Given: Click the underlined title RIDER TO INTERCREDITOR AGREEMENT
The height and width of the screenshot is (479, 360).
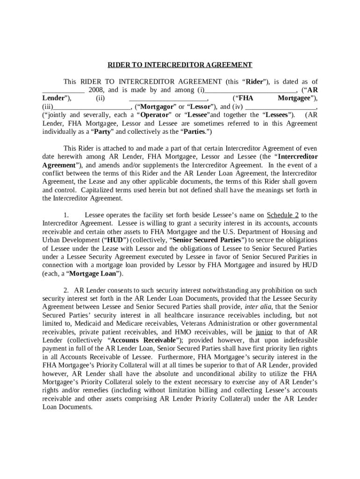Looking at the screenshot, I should [x=180, y=65].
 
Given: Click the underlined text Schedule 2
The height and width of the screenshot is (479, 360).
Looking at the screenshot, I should [x=282, y=215].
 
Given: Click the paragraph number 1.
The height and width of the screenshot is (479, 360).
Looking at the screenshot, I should [x=66, y=215].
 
